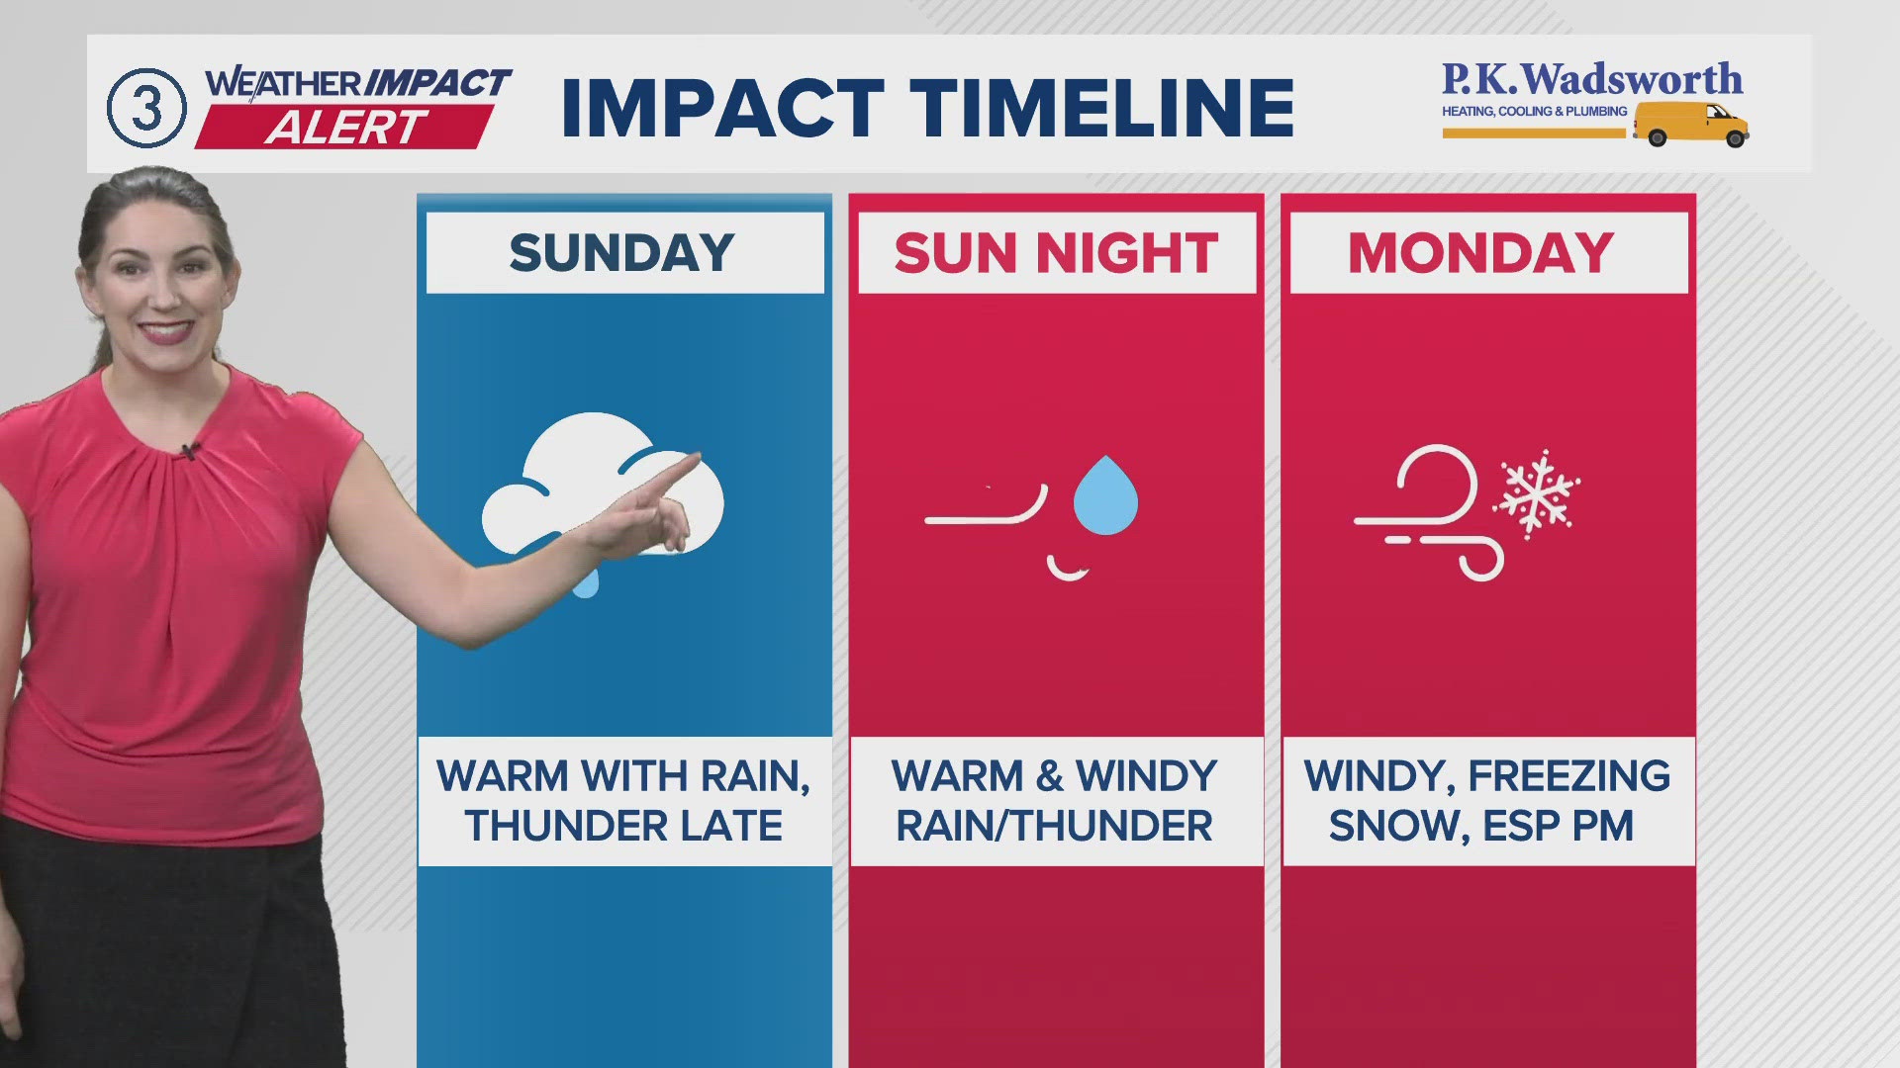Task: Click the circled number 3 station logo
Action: (146, 108)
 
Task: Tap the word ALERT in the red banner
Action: (346, 128)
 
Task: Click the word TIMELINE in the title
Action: (1101, 107)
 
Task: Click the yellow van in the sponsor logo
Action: (1691, 124)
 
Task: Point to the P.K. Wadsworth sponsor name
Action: (1591, 79)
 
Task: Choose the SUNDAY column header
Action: (622, 253)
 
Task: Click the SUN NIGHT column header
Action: (1056, 253)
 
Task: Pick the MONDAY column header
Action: (1480, 253)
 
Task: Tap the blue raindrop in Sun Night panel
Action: (1105, 495)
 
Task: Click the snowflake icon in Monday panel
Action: (1537, 494)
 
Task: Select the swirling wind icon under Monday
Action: (1429, 512)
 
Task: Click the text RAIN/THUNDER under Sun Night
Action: (1054, 826)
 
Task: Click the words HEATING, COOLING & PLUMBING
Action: (1534, 112)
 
